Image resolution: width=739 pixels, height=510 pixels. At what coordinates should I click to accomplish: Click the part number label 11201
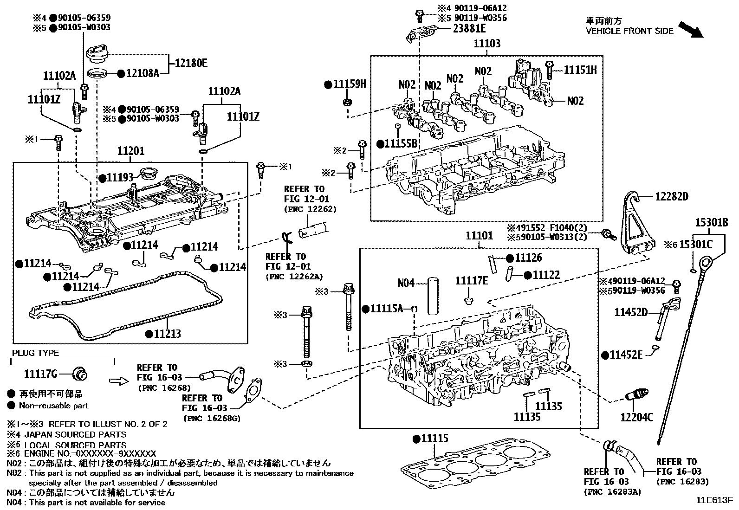click(x=130, y=151)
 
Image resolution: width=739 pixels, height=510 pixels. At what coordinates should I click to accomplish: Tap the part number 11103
click(x=487, y=44)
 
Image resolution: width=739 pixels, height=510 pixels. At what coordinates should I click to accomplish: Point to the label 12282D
click(x=671, y=197)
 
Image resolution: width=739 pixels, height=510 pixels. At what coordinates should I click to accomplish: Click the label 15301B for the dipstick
click(x=711, y=223)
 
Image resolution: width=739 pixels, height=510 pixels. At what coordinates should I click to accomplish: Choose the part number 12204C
click(x=636, y=417)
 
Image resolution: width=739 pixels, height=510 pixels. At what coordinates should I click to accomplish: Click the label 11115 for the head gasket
click(x=434, y=439)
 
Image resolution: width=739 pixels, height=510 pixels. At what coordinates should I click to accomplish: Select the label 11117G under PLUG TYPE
click(x=40, y=374)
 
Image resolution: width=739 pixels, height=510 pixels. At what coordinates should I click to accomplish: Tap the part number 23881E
click(x=469, y=29)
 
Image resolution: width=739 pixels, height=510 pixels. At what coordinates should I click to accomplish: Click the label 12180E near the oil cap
click(x=191, y=63)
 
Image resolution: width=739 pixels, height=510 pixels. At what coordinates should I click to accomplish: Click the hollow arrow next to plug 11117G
click(x=118, y=381)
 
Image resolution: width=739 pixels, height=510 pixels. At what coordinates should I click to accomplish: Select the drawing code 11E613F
click(x=713, y=501)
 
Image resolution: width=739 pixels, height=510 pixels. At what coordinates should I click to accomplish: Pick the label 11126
click(x=528, y=258)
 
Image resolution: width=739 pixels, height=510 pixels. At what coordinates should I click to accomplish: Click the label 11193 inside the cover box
click(x=120, y=177)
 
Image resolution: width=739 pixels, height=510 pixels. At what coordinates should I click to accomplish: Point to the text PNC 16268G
click(x=212, y=418)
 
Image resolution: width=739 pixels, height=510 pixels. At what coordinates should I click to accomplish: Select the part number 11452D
click(x=631, y=312)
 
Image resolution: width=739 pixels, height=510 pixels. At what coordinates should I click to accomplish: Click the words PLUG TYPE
click(x=35, y=353)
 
